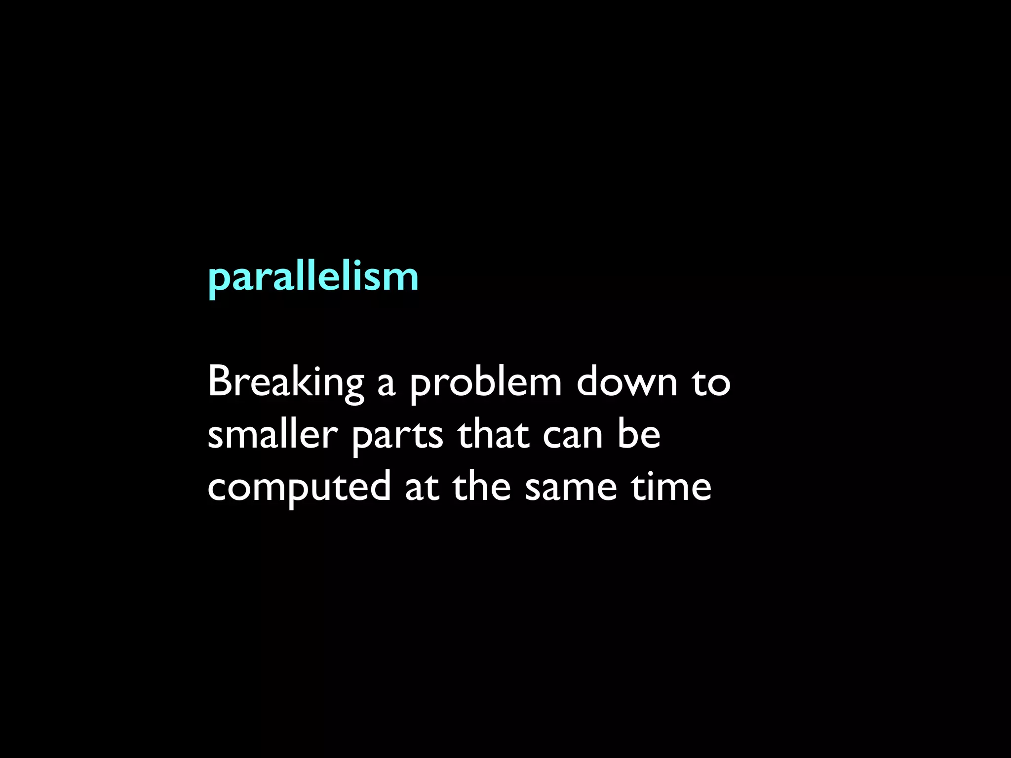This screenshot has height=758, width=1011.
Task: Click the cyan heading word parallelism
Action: pyautogui.click(x=313, y=277)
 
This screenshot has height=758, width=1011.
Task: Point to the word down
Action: pyautogui.click(x=627, y=382)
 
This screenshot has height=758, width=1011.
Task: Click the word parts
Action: pyautogui.click(x=397, y=437)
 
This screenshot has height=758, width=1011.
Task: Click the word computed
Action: pyautogui.click(x=299, y=489)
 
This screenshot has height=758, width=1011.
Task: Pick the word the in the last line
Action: pyautogui.click(x=481, y=486)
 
